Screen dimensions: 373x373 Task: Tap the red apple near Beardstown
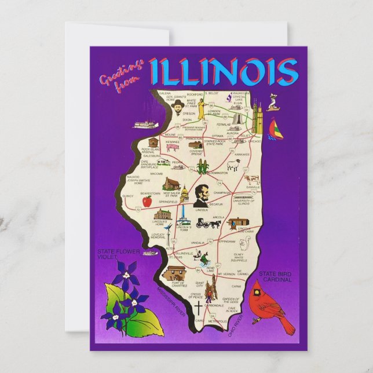pos(147,202)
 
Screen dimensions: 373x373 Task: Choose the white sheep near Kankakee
pos(233,166)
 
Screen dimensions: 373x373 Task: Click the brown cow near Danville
pos(252,180)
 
